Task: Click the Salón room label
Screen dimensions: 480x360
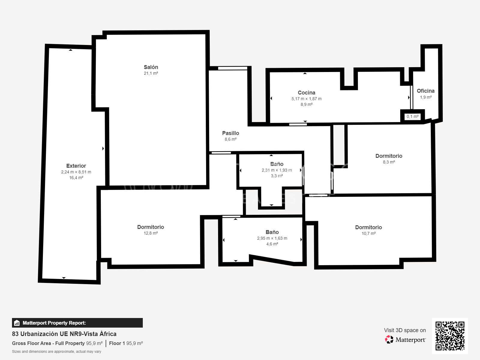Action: click(x=151, y=67)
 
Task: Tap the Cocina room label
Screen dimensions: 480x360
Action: click(x=306, y=93)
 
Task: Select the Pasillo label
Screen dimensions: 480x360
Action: click(x=230, y=133)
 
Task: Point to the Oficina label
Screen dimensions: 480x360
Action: click(x=425, y=91)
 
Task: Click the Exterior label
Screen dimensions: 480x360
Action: click(x=76, y=166)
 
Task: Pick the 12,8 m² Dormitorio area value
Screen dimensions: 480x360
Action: click(x=151, y=233)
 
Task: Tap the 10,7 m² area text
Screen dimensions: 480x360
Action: click(x=368, y=233)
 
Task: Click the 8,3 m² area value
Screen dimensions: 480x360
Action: click(x=389, y=162)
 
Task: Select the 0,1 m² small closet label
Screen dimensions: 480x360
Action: click(x=412, y=117)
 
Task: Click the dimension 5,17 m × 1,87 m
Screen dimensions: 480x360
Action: click(x=306, y=99)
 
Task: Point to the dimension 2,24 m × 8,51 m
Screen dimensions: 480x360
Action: click(x=76, y=172)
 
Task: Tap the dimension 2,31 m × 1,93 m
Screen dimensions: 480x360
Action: click(x=277, y=170)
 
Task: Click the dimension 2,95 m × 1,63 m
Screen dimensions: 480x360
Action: click(x=272, y=238)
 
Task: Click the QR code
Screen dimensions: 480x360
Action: click(x=450, y=336)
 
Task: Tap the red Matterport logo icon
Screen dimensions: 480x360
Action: click(x=389, y=340)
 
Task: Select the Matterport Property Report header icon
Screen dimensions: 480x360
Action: click(x=17, y=323)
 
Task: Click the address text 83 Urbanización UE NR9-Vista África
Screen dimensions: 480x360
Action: click(x=64, y=334)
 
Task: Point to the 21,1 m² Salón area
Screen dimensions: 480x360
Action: click(x=151, y=73)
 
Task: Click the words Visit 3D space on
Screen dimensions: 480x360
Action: click(x=405, y=330)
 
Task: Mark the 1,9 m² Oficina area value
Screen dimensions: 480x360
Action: click(x=426, y=97)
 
